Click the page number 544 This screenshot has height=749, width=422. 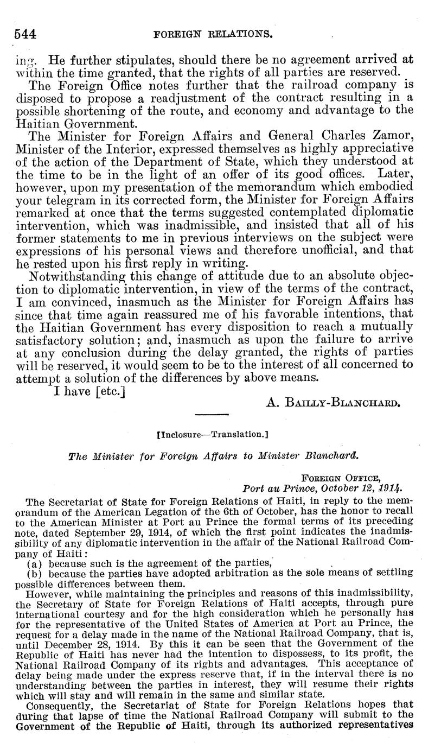click(x=25, y=35)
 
